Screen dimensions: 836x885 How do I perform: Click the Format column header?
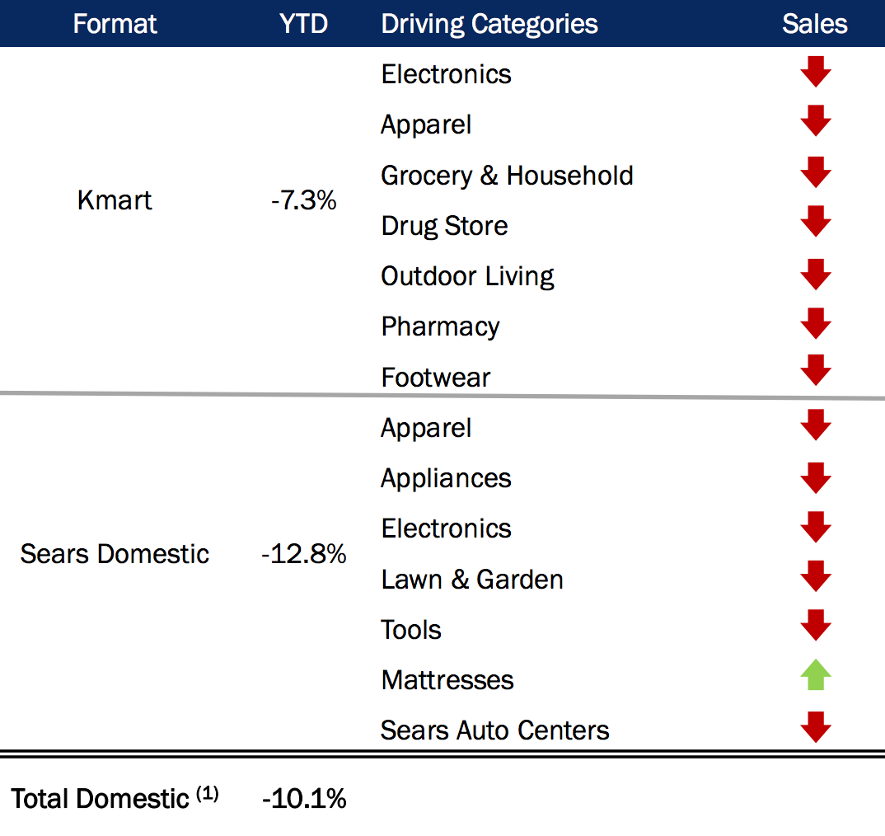[115, 24]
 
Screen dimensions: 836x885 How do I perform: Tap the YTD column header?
[303, 24]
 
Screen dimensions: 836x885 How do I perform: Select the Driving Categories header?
[489, 24]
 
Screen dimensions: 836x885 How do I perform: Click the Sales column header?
[814, 24]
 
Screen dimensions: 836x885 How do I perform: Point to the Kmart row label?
[115, 200]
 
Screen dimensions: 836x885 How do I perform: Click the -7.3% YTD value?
[303, 200]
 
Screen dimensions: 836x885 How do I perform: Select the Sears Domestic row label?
[115, 554]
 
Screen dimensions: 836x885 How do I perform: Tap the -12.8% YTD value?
[303, 554]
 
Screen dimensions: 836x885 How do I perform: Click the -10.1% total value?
[303, 798]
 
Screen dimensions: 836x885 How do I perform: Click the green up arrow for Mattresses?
[815, 677]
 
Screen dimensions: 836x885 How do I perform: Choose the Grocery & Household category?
[507, 176]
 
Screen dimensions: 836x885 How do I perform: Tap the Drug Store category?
[444, 226]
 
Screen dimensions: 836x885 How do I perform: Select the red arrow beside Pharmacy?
[815, 323]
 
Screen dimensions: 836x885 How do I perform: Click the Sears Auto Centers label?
[494, 730]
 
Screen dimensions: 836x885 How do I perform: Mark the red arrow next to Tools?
[815, 625]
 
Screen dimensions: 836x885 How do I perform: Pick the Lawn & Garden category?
[472, 580]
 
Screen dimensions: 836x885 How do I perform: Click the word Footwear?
[435, 378]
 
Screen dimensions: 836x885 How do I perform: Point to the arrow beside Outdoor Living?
[815, 274]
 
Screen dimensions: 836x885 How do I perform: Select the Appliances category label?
[446, 478]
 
